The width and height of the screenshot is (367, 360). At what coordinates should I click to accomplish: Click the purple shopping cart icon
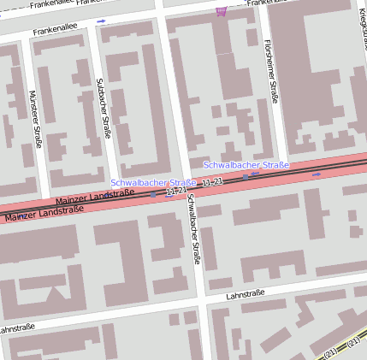(x=222, y=11)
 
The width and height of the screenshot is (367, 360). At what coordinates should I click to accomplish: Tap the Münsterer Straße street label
(x=35, y=118)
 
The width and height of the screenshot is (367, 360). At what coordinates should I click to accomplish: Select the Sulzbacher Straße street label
(x=102, y=107)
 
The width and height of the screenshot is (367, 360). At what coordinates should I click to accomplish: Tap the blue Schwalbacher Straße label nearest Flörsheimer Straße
(x=246, y=164)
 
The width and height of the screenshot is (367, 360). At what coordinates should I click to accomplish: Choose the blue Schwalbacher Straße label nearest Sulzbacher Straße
(x=153, y=183)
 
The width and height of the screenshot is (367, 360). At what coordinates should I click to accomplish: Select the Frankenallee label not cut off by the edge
(x=56, y=31)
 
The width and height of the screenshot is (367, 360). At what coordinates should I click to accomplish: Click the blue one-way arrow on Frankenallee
(x=101, y=21)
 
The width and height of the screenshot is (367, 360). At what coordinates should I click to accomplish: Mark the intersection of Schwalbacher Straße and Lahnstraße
(x=202, y=301)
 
